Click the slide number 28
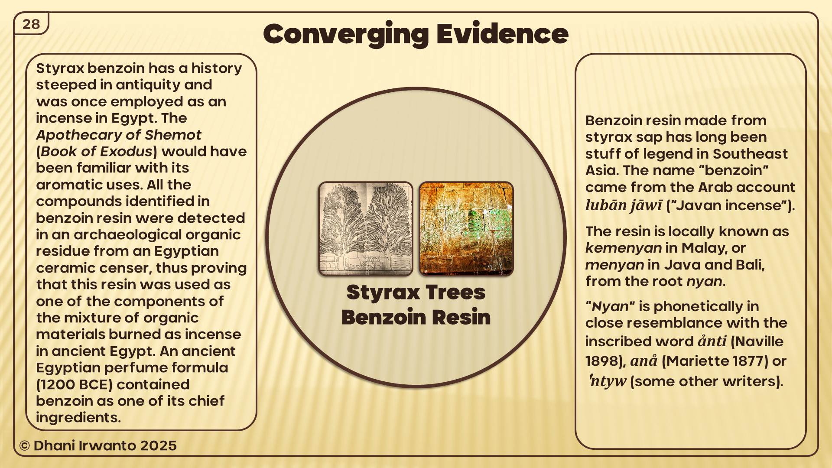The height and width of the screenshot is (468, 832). point(31,24)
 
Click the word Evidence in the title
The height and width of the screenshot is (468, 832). point(502,34)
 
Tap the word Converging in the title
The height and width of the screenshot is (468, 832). point(346,35)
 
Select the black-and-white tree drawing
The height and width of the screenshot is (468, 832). point(366,229)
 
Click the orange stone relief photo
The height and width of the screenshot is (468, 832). point(466,229)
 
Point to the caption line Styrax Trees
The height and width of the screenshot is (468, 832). point(416,292)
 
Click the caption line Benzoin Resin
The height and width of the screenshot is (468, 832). point(416,317)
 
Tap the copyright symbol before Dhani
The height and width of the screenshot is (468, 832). point(24,446)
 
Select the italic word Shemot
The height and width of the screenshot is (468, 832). point(173,135)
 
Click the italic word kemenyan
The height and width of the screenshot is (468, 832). point(624,248)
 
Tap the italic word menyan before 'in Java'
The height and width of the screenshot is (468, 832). point(614,265)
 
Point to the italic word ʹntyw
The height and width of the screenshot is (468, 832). point(608,381)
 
